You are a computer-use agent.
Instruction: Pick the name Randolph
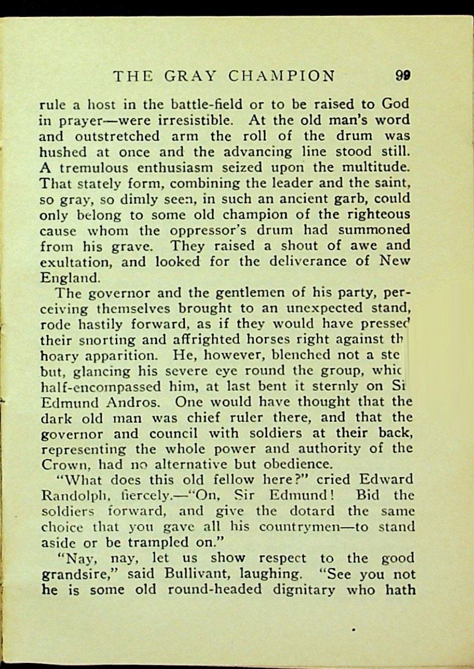coord(72,496)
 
